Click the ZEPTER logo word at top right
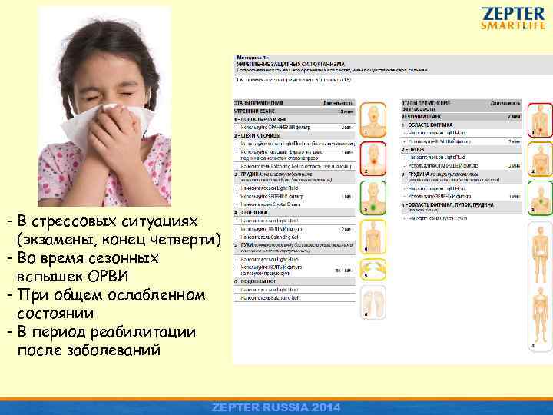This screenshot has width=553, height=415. tap(513, 14)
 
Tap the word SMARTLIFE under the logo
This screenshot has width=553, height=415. tap(513, 25)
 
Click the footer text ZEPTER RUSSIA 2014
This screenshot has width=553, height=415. tap(276, 407)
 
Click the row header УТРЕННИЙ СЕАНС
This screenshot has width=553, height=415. tap(253, 111)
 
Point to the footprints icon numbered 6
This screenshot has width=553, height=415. tap(374, 300)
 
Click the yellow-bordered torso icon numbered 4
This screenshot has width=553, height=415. tap(374, 234)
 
